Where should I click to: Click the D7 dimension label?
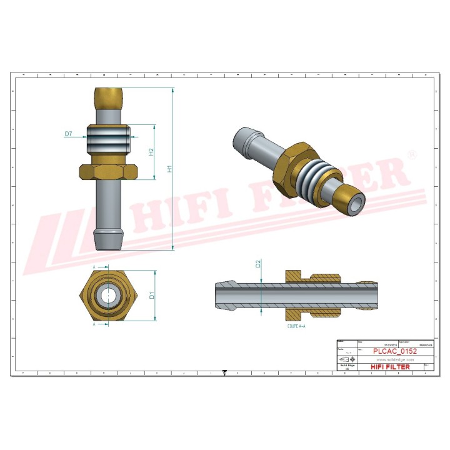tap(69, 134)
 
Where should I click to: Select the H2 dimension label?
tap(151, 152)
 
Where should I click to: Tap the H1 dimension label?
tap(169, 169)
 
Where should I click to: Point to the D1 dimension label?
tap(151, 295)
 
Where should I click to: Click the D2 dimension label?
tap(258, 264)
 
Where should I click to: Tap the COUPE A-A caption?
tap(296, 326)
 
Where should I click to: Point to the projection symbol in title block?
tap(346, 361)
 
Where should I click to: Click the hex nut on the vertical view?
tap(109, 170)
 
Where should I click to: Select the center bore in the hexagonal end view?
tap(109, 296)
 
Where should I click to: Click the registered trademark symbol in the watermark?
tap(412, 154)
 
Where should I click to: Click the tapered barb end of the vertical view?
tap(109, 239)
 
